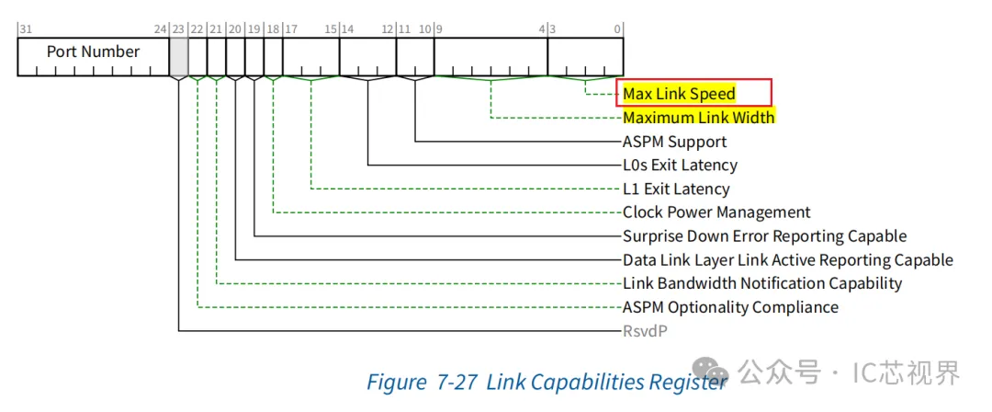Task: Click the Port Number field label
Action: (93, 52)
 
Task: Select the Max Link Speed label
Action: (679, 94)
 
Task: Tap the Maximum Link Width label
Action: (698, 118)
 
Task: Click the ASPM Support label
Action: (674, 142)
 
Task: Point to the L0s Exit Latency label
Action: (680, 166)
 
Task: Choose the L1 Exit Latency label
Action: (676, 189)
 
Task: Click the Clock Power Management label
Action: (716, 212)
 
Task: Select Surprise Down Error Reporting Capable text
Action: (764, 236)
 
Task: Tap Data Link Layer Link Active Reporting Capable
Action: (787, 260)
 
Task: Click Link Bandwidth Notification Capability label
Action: (762, 283)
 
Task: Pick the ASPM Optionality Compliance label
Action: (730, 307)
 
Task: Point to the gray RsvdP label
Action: (645, 330)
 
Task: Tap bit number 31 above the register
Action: (25, 29)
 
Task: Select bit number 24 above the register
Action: (161, 29)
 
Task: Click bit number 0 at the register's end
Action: (617, 29)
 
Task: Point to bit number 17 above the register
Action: (290, 29)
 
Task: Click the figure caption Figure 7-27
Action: (422, 382)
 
